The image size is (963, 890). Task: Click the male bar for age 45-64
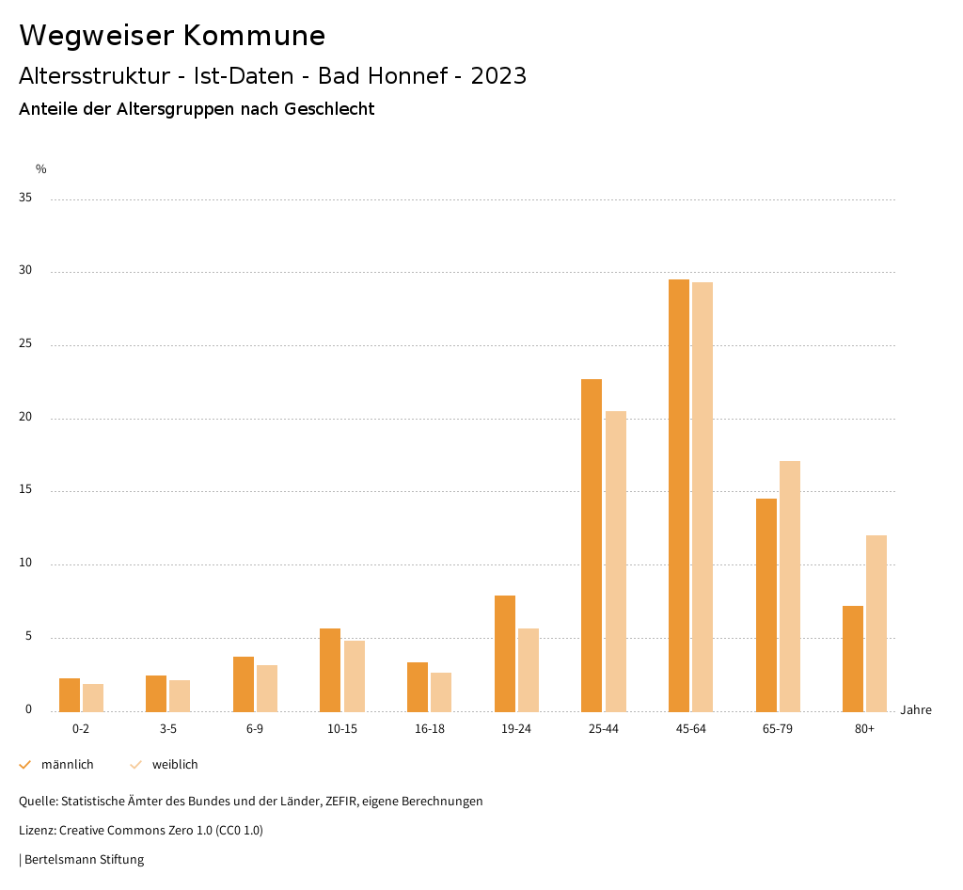(x=679, y=495)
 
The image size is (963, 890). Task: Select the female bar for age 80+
(x=876, y=623)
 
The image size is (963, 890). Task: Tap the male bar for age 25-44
(x=592, y=545)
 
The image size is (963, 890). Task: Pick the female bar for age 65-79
(x=790, y=586)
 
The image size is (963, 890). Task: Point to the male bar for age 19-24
(x=505, y=653)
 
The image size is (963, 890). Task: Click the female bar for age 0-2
(x=93, y=697)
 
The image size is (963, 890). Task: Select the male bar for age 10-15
(x=330, y=670)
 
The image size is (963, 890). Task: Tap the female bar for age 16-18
(x=441, y=691)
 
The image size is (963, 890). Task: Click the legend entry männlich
(x=67, y=765)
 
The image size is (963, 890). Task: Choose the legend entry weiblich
(x=175, y=765)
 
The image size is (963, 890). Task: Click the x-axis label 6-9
(x=255, y=729)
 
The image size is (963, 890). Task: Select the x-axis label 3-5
(x=168, y=729)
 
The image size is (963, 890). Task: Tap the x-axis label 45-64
(x=691, y=729)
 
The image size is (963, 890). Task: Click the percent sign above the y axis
(x=41, y=169)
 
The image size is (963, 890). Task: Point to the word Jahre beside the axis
(x=916, y=710)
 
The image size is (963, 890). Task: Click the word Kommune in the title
(x=254, y=36)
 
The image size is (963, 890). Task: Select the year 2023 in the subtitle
(x=498, y=76)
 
